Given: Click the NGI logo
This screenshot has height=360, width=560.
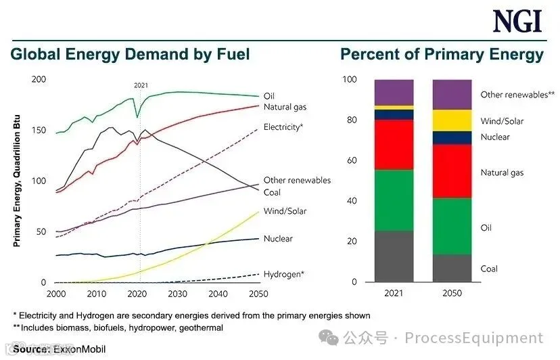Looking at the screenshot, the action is point(517,21).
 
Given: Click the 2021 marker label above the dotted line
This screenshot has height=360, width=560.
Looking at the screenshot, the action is point(141,85).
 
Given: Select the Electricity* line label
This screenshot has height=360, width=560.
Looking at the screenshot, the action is point(283,127).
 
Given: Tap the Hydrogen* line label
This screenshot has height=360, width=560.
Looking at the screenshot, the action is point(284,274).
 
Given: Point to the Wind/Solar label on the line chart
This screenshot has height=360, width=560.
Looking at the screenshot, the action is point(285,211).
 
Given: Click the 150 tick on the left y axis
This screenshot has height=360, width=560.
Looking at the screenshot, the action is point(39,130).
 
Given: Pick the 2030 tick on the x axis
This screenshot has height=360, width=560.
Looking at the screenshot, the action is point(177,294).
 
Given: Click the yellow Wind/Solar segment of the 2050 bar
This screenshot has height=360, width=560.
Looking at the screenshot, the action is point(452,120).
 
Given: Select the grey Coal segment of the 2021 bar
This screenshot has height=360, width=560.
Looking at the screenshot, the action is point(394,256).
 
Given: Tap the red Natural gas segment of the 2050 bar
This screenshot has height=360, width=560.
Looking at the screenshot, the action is point(452,171).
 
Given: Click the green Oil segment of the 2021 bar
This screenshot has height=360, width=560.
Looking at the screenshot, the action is point(394,200).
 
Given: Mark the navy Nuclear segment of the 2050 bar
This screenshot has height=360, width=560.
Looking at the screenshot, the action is point(452,137).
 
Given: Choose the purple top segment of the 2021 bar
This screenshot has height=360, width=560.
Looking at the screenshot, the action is point(394,92).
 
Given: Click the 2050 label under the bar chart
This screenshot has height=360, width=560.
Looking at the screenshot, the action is point(452,293).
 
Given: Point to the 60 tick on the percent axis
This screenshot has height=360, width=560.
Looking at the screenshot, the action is point(352,160).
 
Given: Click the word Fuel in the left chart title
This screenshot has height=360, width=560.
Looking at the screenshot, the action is point(233,54).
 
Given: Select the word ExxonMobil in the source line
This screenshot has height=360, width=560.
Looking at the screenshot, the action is point(79,349).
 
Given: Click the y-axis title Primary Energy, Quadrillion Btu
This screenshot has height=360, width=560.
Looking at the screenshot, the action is point(16,181).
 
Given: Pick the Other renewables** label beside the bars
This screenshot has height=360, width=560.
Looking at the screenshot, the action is point(517,94).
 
